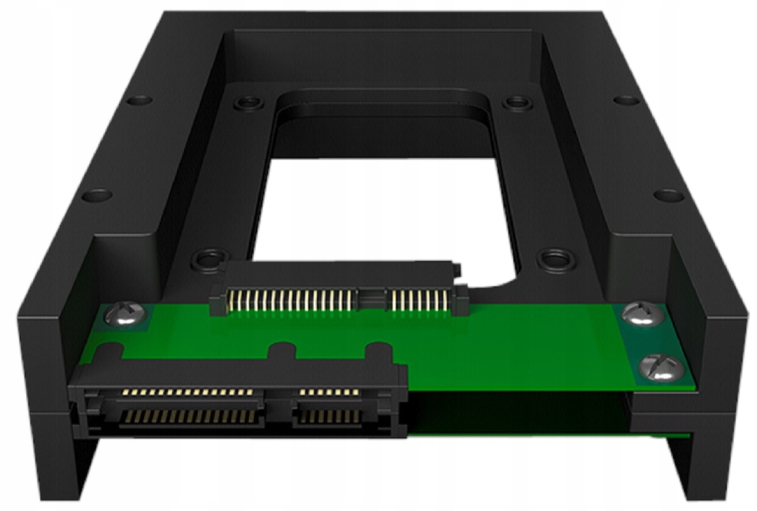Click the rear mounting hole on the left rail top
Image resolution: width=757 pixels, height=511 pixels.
point(139,100)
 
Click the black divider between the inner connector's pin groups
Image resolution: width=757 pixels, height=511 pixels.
point(371,297)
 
